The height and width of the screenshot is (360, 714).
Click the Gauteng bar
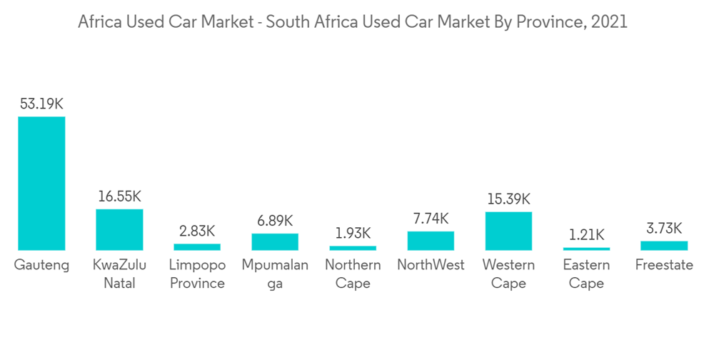point(41,183)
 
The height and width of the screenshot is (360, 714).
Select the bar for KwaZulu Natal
point(119,229)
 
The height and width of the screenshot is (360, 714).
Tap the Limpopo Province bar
point(197,246)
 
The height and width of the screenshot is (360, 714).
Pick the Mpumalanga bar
point(275,241)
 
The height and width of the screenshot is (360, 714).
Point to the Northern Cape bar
point(353,248)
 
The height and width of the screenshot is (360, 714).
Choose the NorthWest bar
point(431,241)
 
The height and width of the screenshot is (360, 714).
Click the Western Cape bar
point(508,231)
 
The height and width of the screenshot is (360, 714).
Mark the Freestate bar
point(664,245)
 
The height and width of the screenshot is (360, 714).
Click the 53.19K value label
point(41,104)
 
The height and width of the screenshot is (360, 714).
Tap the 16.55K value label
point(119,196)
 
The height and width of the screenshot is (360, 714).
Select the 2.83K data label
point(197,231)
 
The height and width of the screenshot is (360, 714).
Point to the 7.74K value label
point(431,218)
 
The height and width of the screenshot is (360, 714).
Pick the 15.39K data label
point(508,199)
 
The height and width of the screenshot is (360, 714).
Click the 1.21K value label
point(586,234)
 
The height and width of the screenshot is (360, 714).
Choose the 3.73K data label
point(664,229)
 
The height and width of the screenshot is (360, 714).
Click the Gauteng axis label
point(41,266)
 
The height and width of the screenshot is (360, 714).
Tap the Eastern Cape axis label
point(586,274)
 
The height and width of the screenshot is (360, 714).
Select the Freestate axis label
point(664,266)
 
